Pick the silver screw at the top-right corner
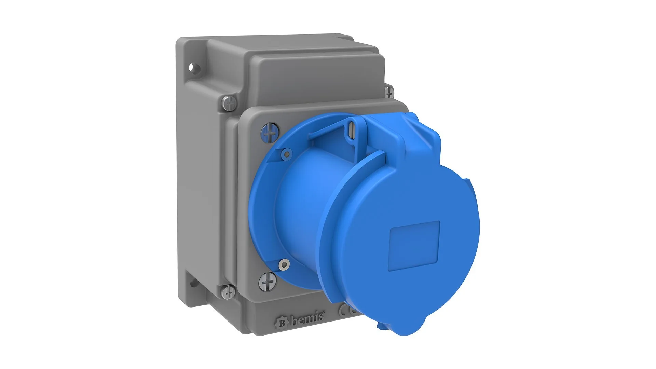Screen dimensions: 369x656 tap(389, 91)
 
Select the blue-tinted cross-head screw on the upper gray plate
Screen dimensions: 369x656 tap(270, 133)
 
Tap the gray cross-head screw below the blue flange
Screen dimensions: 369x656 tap(267, 283)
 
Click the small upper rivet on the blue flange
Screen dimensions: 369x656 tap(286, 153)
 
